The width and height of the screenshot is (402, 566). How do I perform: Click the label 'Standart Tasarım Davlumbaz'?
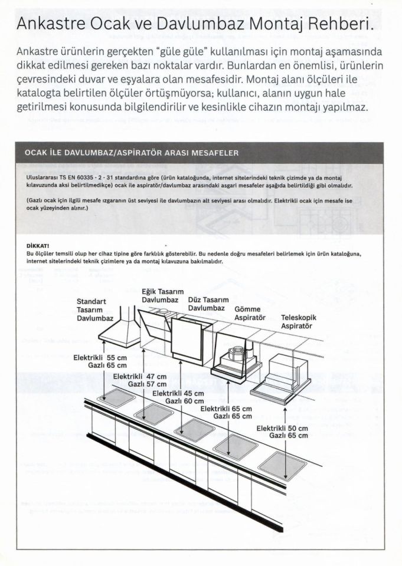[x=94, y=310]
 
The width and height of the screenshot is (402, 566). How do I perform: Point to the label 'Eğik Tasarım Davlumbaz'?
[x=163, y=296]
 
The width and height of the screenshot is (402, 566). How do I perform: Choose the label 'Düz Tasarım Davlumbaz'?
[x=208, y=304]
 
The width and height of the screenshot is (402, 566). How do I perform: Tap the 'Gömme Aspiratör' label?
[x=250, y=313]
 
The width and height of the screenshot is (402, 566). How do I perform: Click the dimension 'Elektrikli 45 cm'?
[x=178, y=393]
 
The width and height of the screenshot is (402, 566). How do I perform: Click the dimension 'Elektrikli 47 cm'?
[x=140, y=376]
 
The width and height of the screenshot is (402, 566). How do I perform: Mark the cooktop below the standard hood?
[x=116, y=399]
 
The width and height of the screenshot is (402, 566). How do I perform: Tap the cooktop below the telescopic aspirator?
[x=283, y=465]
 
